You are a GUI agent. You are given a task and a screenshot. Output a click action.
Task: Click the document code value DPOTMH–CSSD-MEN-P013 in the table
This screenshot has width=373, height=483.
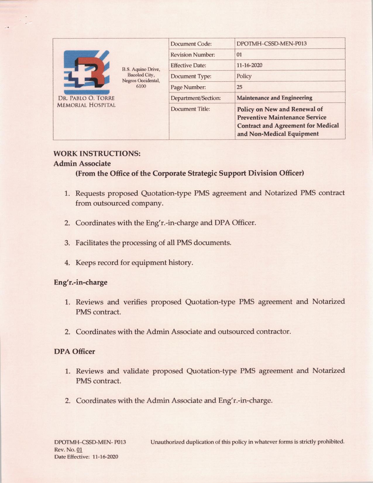coord(271,44)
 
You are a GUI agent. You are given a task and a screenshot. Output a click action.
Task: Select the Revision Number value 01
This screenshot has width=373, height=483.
coord(239,55)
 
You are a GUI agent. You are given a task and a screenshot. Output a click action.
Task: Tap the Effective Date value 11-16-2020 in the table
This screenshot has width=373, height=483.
coord(249,65)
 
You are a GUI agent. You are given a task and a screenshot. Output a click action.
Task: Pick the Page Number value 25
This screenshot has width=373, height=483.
coord(239,87)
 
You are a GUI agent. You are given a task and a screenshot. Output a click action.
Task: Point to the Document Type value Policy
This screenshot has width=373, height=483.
coord(244,76)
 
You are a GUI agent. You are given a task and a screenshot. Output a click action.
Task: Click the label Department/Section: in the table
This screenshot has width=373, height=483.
coord(195,98)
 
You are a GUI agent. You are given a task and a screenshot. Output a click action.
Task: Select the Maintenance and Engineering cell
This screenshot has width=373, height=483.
coord(274,98)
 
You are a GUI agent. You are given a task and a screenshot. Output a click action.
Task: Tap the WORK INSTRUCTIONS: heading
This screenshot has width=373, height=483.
coord(97,154)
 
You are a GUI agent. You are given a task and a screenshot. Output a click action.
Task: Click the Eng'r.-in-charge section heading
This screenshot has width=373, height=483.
coord(80,282)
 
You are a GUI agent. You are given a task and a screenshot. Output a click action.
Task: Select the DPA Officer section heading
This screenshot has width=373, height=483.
coord(74,352)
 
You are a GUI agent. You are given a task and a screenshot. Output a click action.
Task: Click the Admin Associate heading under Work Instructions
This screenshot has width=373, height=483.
coord(82,164)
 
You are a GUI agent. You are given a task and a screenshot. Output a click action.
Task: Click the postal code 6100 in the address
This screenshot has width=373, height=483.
coord(141,86)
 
